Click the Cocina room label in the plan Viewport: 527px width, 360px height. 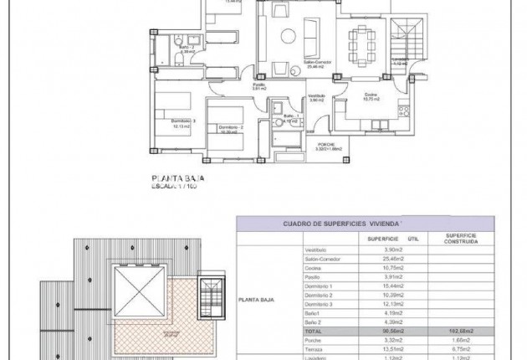371,94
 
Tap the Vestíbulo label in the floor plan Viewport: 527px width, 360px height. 316,96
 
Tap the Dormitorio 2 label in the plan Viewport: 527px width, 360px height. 230,127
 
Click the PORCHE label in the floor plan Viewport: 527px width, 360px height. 325,145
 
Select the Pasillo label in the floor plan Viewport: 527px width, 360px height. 259,84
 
